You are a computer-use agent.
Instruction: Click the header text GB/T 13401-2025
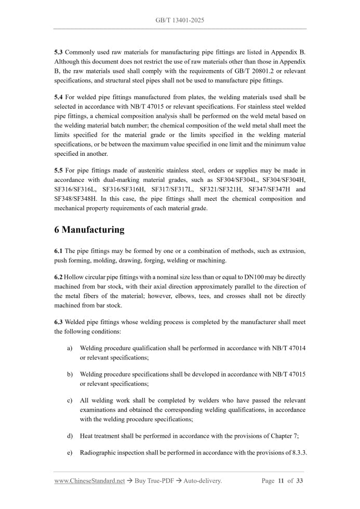point(180,20)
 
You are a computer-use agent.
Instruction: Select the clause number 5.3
point(59,53)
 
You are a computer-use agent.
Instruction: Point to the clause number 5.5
point(59,170)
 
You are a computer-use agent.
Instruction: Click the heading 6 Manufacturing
point(89,230)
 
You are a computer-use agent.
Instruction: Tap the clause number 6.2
point(59,277)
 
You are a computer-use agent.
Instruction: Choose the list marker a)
point(70,348)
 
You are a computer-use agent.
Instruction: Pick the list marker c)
point(70,400)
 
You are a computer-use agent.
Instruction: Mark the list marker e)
point(70,453)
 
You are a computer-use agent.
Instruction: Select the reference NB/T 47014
point(287,348)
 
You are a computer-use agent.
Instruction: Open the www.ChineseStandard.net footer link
point(89,481)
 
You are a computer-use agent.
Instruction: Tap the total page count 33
point(299,481)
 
